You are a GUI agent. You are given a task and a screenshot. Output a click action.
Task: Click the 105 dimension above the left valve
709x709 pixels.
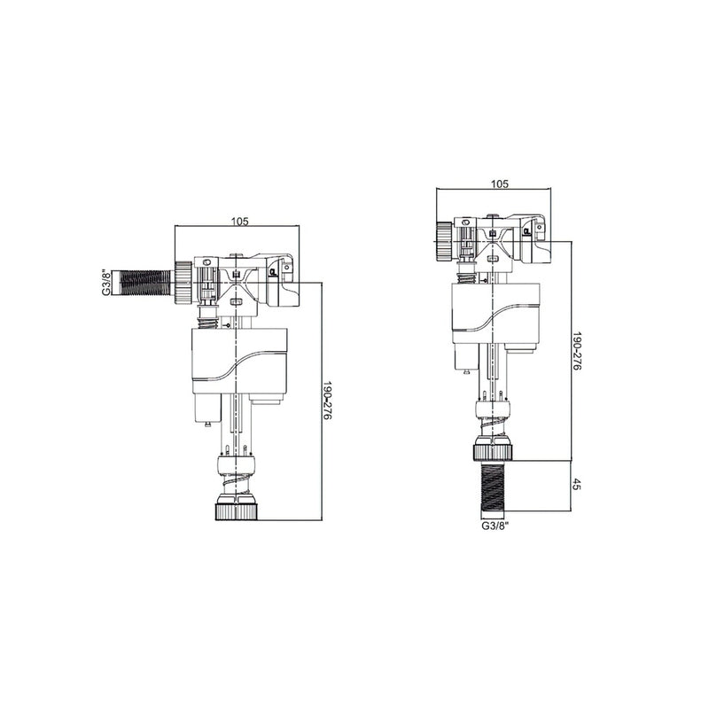[240, 221]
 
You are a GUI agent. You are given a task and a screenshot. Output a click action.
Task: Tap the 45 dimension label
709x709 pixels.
[576, 486]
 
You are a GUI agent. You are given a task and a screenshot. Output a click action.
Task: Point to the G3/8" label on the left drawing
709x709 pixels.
[105, 282]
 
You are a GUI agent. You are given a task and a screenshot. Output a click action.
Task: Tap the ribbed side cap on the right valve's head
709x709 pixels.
[442, 238]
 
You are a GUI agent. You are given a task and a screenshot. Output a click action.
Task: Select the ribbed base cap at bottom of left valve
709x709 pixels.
[235, 511]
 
